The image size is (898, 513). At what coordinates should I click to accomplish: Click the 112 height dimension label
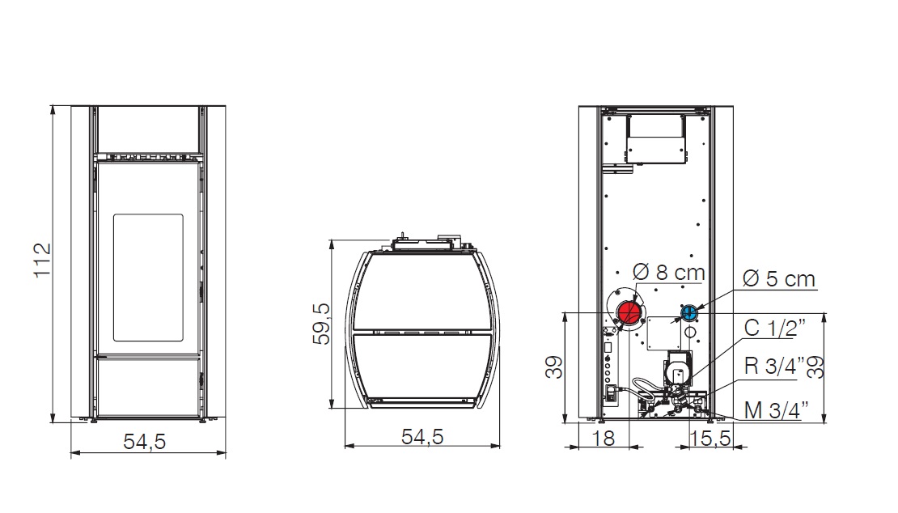pos(42,261)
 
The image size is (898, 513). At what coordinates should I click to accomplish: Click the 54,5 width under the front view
pos(144,442)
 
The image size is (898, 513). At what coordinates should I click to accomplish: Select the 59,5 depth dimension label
pos(322,324)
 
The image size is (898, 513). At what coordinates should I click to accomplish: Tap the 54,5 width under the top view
pos(422,437)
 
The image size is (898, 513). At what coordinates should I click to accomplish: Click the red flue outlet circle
pos(629,312)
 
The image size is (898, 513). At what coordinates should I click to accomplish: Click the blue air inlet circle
pos(689,312)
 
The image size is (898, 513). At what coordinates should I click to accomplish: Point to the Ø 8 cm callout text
pos(668,272)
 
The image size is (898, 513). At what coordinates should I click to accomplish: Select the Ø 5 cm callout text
pos(778,279)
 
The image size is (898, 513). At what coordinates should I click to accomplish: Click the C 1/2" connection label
pos(774,328)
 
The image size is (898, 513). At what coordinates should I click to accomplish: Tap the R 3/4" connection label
pos(774,366)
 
